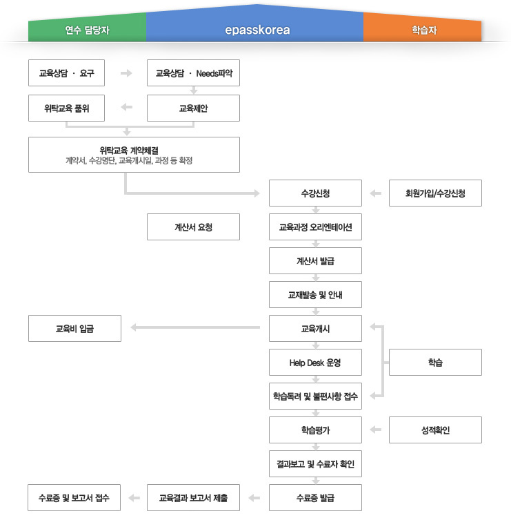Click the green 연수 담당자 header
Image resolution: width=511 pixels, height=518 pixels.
tap(87, 30)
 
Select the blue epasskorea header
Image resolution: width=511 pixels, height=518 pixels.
tap(257, 30)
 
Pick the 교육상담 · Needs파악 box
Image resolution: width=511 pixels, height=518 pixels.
tap(194, 73)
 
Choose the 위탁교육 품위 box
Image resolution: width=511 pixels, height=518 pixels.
tap(66, 108)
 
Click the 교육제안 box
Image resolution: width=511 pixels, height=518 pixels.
tap(194, 108)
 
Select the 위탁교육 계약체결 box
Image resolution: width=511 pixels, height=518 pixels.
tap(134, 154)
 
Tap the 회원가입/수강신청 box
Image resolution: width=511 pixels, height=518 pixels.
tap(435, 193)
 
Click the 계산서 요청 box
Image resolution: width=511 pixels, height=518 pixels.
tap(194, 227)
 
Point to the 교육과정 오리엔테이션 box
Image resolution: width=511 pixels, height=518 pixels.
tap(315, 227)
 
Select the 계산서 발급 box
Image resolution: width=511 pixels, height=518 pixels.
tap(315, 260)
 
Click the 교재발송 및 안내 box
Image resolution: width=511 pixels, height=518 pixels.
tap(315, 294)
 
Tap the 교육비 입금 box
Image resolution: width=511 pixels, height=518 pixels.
tap(74, 328)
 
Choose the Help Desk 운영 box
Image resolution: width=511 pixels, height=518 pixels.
tap(315, 362)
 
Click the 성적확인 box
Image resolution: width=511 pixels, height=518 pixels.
tap(435, 430)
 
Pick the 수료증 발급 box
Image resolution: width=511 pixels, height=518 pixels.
tap(315, 497)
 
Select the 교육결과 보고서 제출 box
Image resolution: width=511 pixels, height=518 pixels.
tap(194, 497)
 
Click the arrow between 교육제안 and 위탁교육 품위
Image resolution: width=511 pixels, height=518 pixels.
tap(126, 107)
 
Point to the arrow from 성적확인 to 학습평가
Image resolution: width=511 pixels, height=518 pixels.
tap(375, 430)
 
